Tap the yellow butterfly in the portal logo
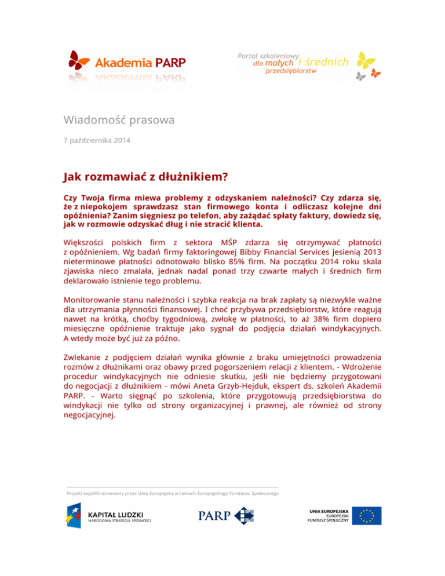point(366,60)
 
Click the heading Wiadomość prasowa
point(119,121)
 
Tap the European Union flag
point(369,516)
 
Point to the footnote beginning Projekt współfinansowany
point(172,493)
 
